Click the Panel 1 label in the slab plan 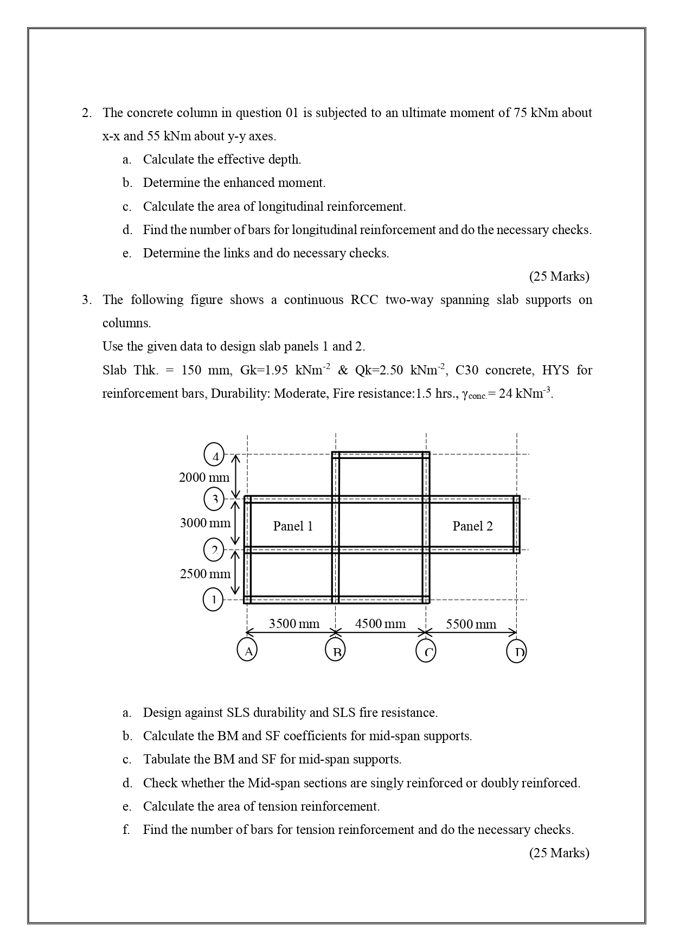(x=293, y=526)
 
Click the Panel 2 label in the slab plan (x=472, y=526)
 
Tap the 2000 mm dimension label (x=204, y=477)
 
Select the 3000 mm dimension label (x=205, y=523)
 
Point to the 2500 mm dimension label (x=205, y=574)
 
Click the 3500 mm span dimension (x=294, y=624)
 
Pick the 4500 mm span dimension (x=380, y=624)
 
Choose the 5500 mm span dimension (x=471, y=624)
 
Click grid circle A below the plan (x=247, y=650)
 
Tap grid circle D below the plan (x=517, y=650)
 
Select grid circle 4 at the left (x=214, y=455)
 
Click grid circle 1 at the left (x=213, y=599)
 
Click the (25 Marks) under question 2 (x=559, y=276)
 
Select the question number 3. (x=86, y=300)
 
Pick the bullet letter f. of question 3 (x=126, y=830)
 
